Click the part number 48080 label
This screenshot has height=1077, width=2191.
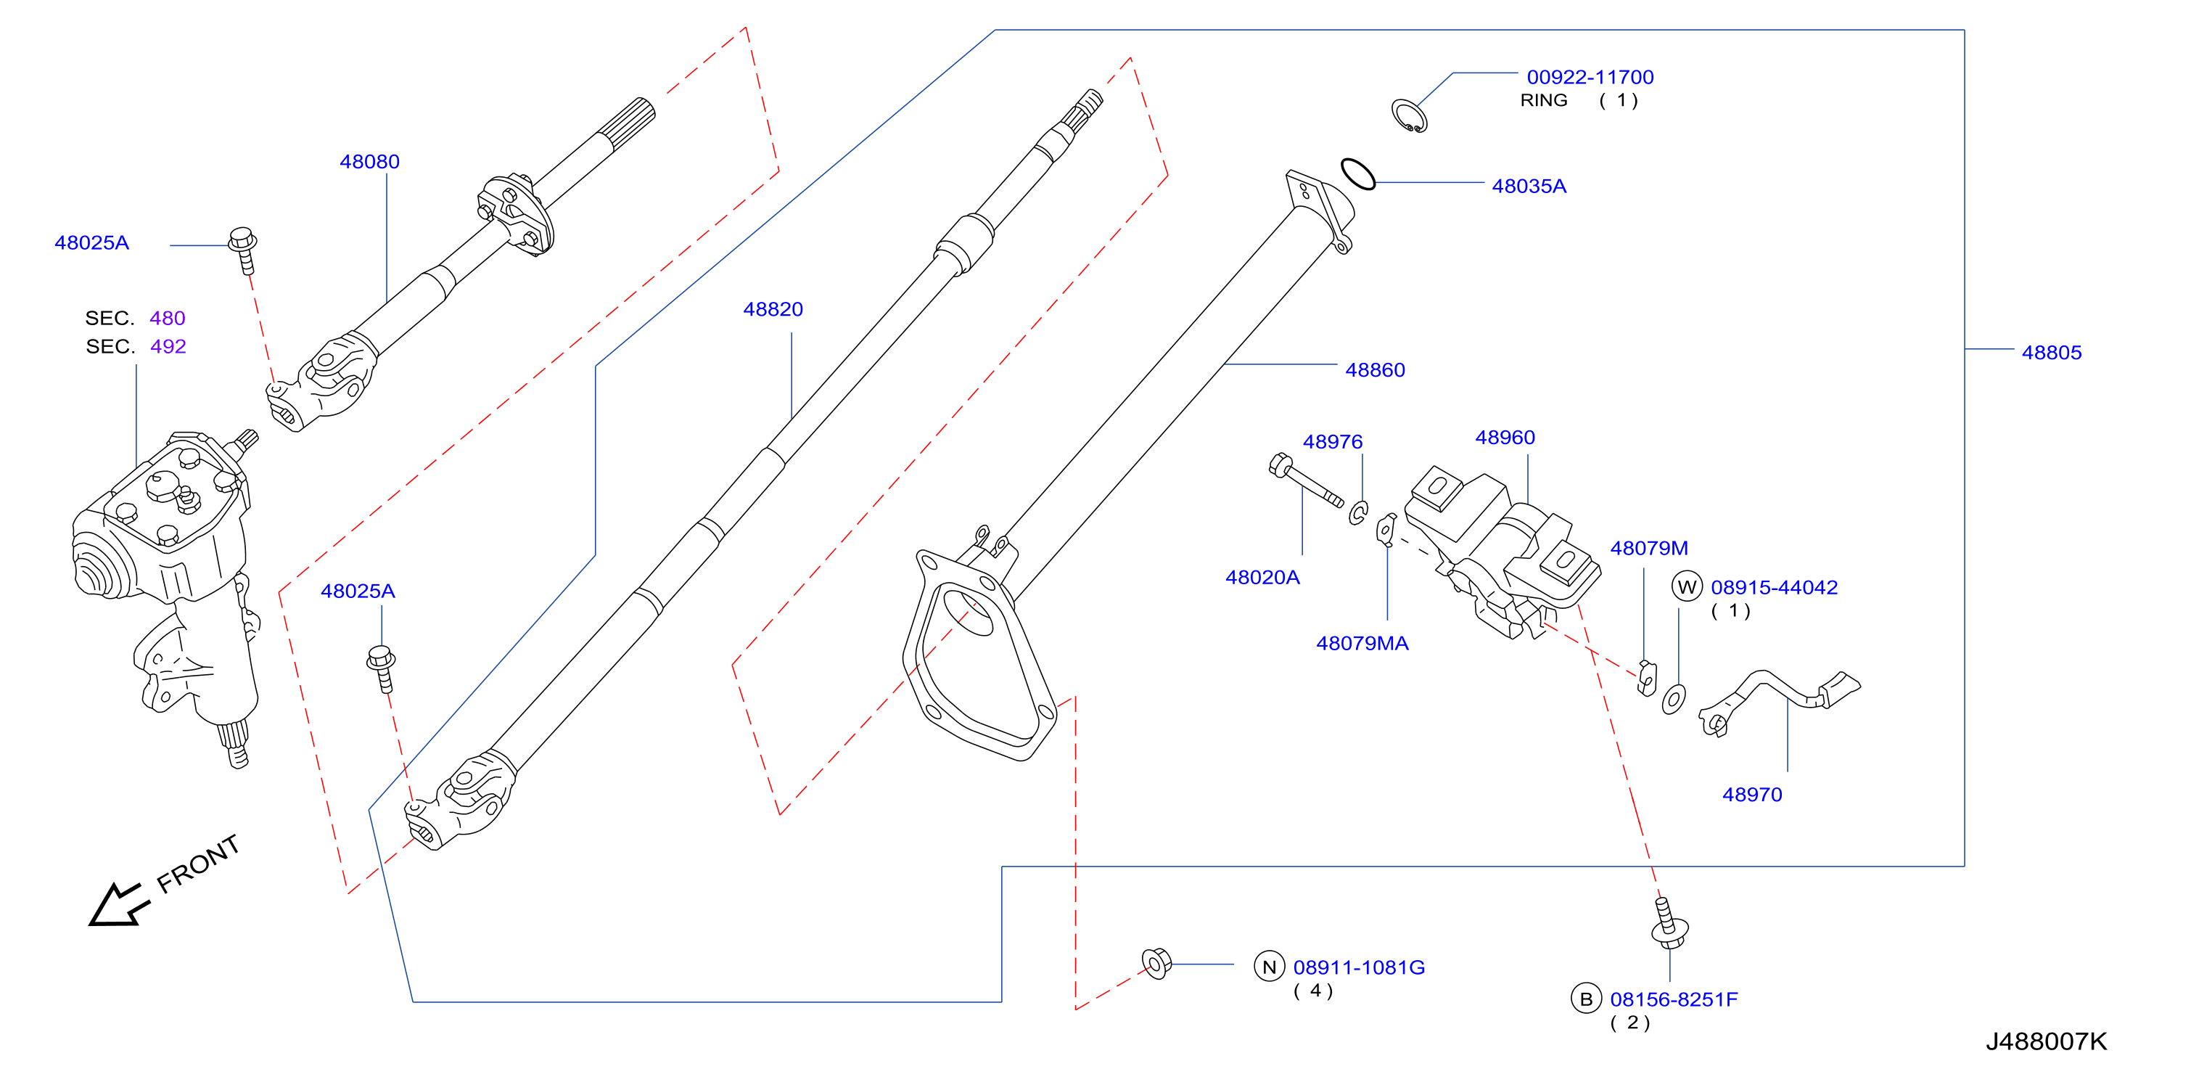[x=369, y=162]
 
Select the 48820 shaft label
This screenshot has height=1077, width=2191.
[x=773, y=309]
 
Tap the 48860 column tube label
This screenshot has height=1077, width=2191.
[x=1375, y=370]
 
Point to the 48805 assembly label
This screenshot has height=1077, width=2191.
[x=2051, y=352]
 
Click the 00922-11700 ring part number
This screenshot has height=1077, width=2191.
[x=1590, y=78]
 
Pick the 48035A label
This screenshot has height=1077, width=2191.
[x=1529, y=187]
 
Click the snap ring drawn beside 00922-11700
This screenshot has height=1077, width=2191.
[x=1408, y=115]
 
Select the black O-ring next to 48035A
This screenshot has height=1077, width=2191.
[x=1357, y=174]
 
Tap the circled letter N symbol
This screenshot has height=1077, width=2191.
[x=1269, y=967]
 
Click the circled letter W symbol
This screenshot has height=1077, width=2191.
[x=1687, y=586]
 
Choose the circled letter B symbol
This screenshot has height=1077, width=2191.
[x=1585, y=999]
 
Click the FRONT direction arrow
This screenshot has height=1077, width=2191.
[x=119, y=904]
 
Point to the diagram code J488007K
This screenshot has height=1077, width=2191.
[x=2046, y=1041]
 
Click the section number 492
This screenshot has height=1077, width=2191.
[x=168, y=346]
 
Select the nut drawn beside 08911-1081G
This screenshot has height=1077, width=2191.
[x=1156, y=964]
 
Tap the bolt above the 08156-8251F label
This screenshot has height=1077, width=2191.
[x=1669, y=923]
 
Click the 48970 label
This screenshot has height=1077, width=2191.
[x=1751, y=795]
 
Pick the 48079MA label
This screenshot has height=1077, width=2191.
[x=1362, y=643]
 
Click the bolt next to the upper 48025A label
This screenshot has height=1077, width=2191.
[x=244, y=250]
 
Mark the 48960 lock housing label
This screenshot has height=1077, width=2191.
[x=1505, y=438]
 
